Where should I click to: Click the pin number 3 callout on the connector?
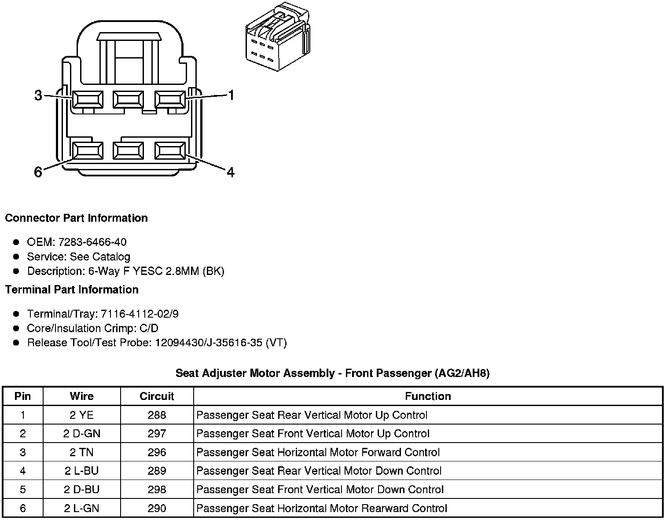tap(38, 95)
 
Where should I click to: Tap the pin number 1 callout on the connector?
tap(230, 95)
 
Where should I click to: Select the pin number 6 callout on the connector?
tap(38, 172)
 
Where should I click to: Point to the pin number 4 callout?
tap(230, 172)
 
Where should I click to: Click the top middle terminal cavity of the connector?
tap(128, 99)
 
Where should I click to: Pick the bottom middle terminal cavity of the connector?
tap(128, 150)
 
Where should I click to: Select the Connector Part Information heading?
tap(76, 218)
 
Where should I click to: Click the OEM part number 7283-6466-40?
tap(92, 242)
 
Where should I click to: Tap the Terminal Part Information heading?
tap(72, 289)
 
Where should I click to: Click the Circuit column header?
tap(157, 396)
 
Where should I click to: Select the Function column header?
tap(428, 396)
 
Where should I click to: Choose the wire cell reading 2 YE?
tap(81, 415)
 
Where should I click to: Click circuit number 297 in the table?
tap(157, 434)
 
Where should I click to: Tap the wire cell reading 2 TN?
tap(81, 453)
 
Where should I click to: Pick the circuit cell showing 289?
tap(157, 471)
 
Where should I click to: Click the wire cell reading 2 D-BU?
tap(81, 490)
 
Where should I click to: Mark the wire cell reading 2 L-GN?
tap(81, 509)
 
